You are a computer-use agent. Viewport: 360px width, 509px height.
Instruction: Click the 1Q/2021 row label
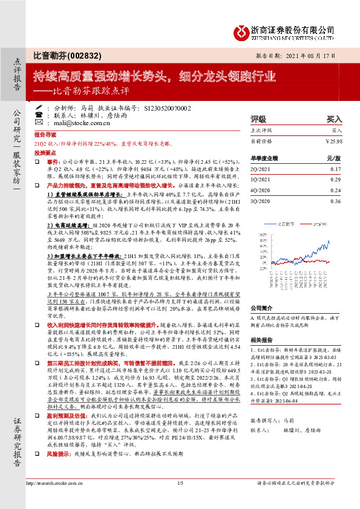click(261, 180)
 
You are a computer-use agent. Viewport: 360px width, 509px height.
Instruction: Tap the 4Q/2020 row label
click(261, 190)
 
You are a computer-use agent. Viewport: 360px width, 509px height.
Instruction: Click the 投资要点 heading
click(45, 154)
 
